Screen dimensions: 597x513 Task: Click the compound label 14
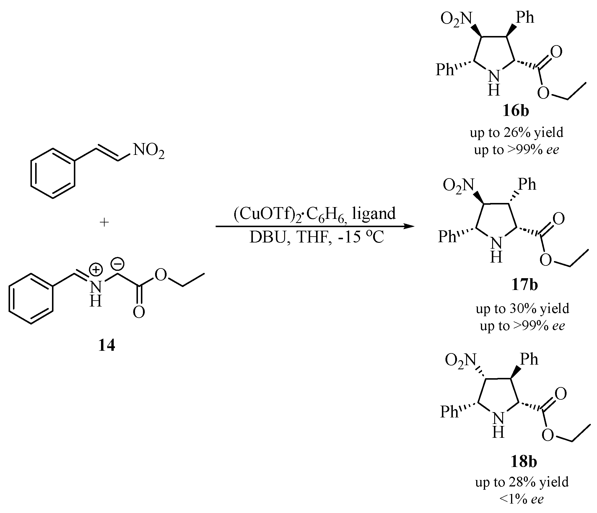pos(106,345)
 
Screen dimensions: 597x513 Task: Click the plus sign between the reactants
pos(104,222)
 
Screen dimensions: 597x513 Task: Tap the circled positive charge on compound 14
pos(96,269)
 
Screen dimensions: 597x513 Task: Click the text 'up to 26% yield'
pos(517,132)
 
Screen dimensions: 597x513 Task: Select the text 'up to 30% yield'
pos(522,309)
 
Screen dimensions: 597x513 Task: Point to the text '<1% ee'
pos(521,499)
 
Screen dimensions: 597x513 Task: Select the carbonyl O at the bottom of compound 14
pos(139,312)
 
